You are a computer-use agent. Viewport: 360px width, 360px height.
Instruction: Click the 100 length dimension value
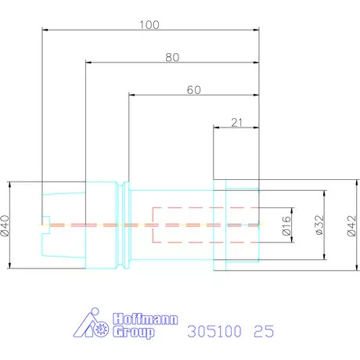pyautogui.click(x=149, y=25)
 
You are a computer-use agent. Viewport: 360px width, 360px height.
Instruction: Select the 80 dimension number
pyautogui.click(x=172, y=57)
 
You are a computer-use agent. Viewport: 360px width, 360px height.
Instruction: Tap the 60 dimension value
pyautogui.click(x=194, y=90)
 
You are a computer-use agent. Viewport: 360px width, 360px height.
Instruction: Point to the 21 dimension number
pyautogui.click(x=236, y=122)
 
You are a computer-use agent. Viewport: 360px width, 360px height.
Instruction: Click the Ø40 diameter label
pyautogui.click(x=5, y=225)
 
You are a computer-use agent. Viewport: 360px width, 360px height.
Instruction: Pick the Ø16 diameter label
pyautogui.click(x=286, y=225)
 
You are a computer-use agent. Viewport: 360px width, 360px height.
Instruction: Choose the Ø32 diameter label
pyautogui.click(x=319, y=225)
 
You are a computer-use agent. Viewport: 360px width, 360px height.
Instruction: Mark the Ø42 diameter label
pyautogui.click(x=351, y=225)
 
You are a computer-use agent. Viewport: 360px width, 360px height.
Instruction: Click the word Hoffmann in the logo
pyautogui.click(x=146, y=319)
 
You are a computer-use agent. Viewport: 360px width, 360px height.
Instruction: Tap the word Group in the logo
pyautogui.click(x=134, y=332)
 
